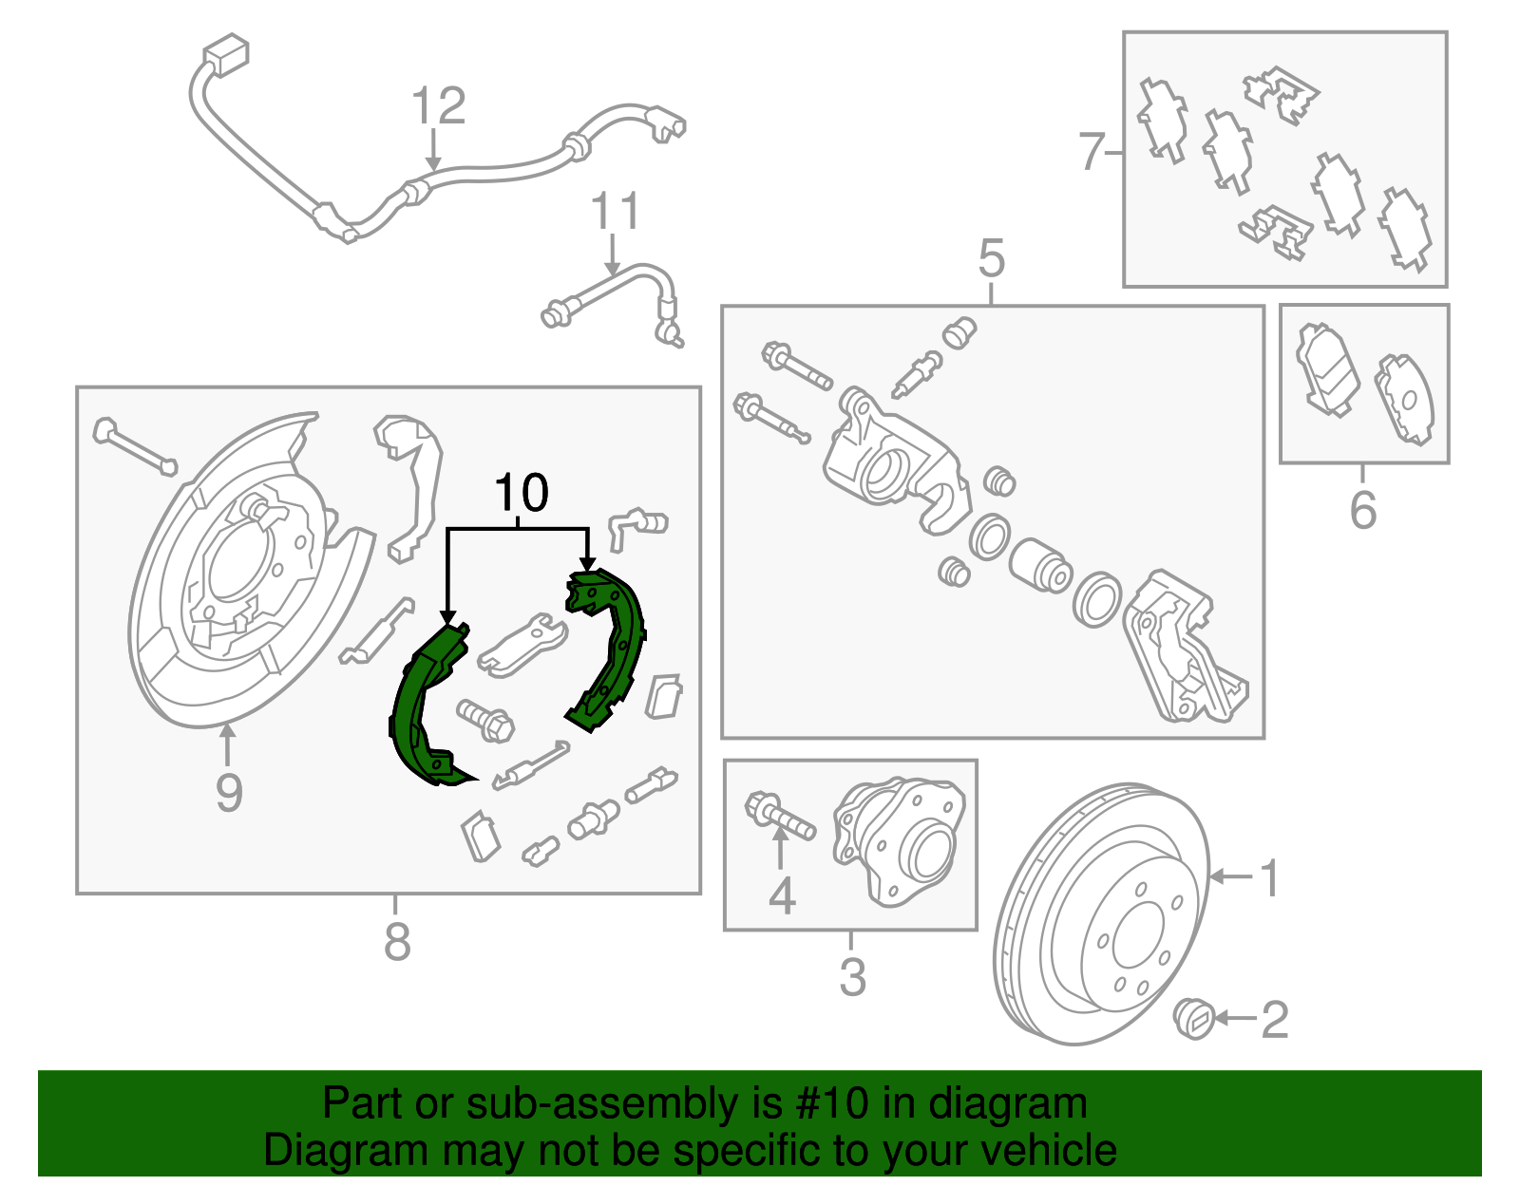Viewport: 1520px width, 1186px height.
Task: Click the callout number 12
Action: click(x=439, y=106)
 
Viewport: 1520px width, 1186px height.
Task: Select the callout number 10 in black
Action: click(x=522, y=494)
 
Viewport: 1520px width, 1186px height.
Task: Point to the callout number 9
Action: click(x=228, y=793)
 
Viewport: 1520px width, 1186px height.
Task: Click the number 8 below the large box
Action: click(x=397, y=942)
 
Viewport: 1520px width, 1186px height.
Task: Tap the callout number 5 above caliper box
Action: click(x=991, y=258)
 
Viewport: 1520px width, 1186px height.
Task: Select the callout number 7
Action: click(x=1092, y=152)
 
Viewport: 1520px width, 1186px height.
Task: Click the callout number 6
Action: click(x=1362, y=511)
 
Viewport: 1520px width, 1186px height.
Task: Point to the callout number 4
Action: click(x=781, y=895)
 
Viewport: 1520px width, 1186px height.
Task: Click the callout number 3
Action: click(x=852, y=977)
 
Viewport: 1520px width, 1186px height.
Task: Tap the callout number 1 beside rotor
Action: click(x=1270, y=878)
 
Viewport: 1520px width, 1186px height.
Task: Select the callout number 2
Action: click(x=1274, y=1020)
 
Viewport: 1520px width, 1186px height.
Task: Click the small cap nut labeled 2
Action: click(x=1194, y=1019)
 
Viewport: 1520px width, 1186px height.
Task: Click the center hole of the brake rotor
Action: click(x=1137, y=935)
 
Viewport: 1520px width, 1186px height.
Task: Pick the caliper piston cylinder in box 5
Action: click(x=1039, y=566)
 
